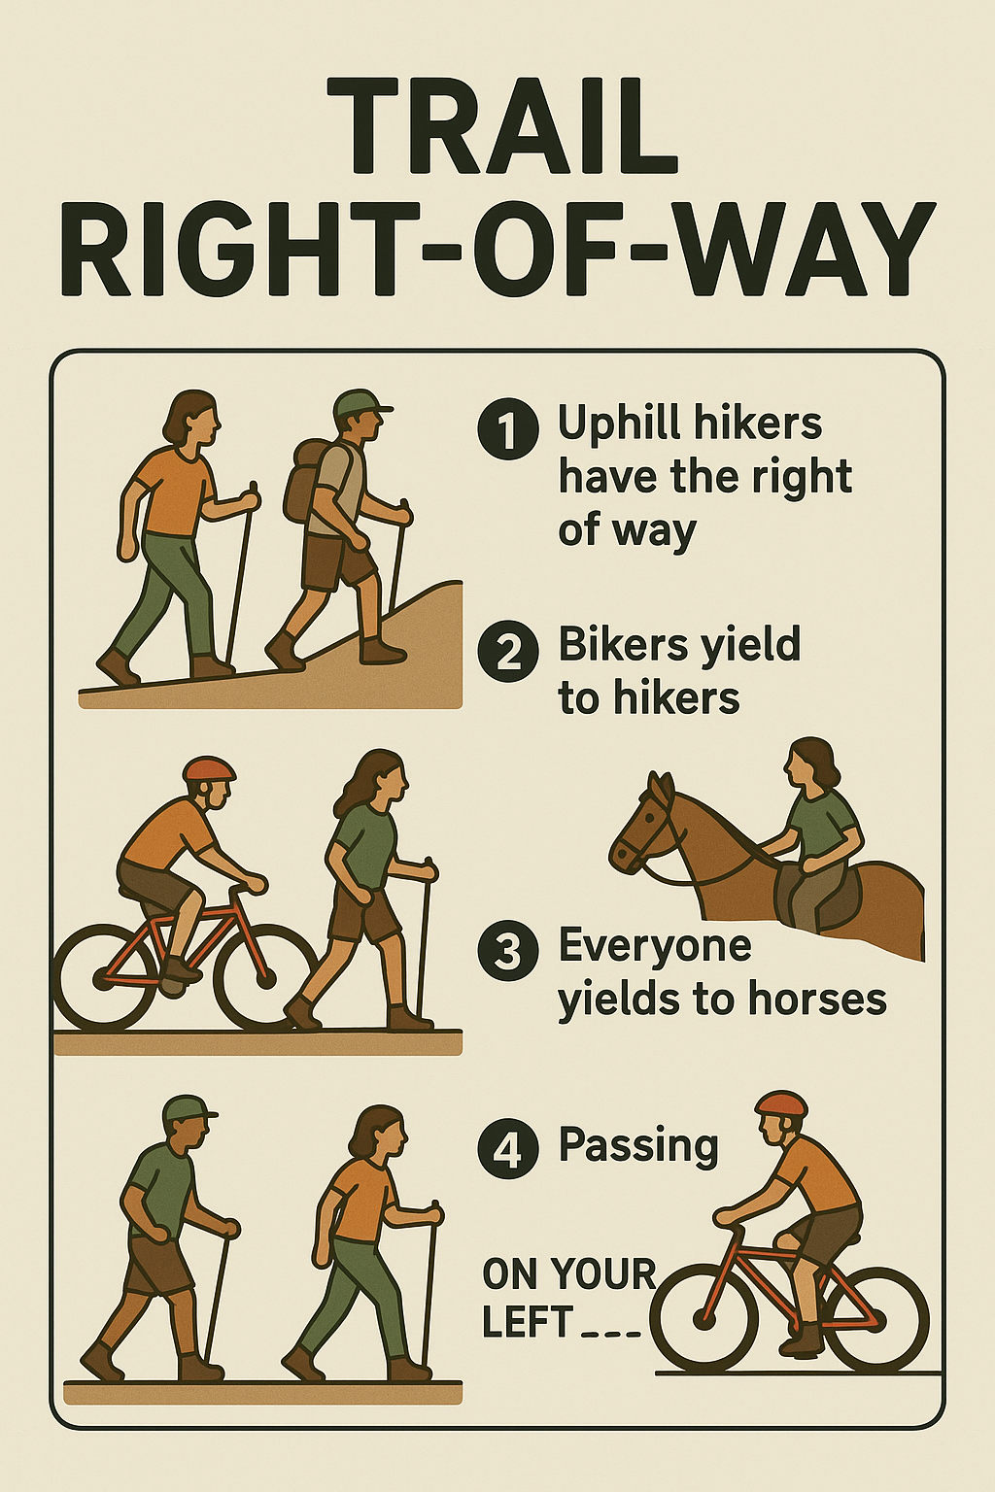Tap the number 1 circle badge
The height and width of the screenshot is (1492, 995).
click(x=508, y=428)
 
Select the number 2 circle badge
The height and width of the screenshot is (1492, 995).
click(x=508, y=651)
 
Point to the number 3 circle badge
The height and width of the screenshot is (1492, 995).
click(x=508, y=951)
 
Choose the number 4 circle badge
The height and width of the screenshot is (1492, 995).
click(x=508, y=1149)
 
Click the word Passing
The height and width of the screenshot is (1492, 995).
click(x=638, y=1146)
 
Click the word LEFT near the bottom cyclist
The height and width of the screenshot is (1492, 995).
click(x=528, y=1322)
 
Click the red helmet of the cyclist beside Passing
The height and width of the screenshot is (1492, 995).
click(x=781, y=1103)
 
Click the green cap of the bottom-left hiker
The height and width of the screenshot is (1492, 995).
click(x=189, y=1108)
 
